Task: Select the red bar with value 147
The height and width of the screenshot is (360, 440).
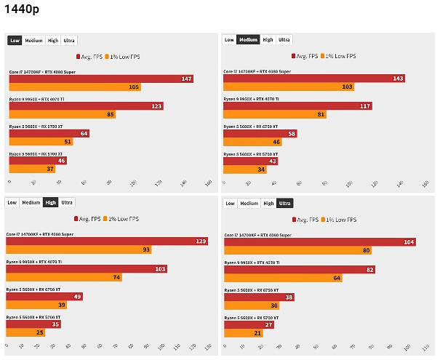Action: click(x=101, y=79)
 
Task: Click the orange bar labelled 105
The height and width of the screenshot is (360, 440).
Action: click(x=75, y=87)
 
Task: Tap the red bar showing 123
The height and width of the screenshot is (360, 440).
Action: click(x=86, y=106)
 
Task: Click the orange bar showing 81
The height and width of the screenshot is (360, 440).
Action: click(x=276, y=114)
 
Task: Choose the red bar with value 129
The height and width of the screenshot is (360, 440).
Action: click(x=107, y=241)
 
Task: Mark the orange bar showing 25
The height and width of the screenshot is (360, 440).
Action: click(x=26, y=333)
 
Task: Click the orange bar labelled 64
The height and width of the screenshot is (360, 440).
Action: click(x=283, y=278)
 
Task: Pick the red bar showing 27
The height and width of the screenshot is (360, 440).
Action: click(x=248, y=324)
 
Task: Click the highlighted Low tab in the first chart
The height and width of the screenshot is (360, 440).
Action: click(x=15, y=41)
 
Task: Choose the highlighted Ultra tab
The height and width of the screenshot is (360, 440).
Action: click(x=285, y=203)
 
